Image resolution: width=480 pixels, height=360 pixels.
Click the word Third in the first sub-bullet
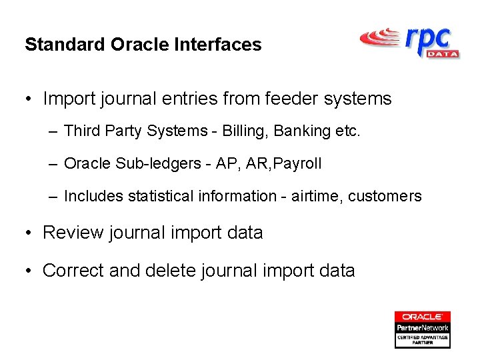pyautogui.click(x=81, y=131)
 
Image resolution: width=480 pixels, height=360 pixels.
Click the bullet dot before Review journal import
pyautogui.click(x=29, y=233)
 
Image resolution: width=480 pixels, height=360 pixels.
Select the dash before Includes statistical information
pyautogui.click(x=53, y=197)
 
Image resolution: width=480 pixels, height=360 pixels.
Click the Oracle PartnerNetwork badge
pyautogui.click(x=422, y=329)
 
